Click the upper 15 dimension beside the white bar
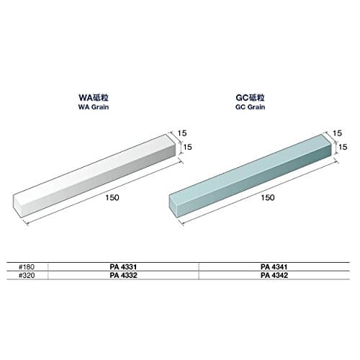tap(182, 132)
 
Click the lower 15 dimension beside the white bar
tap(188, 148)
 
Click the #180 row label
tap(27, 266)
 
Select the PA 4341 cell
tap(274, 266)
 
